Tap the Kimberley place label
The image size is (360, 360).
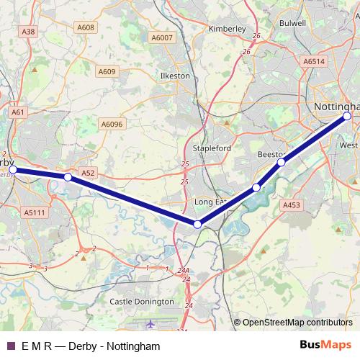[227, 29]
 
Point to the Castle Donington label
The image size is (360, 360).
[142, 302]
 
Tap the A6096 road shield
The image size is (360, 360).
[112, 124]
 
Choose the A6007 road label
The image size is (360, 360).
[162, 37]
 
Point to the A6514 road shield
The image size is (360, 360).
[315, 62]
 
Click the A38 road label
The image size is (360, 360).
[29, 32]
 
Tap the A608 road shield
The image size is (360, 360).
[86, 27]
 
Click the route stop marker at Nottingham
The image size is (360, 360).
[347, 116]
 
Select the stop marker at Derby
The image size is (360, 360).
[12, 170]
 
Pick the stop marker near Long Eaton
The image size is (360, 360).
[198, 225]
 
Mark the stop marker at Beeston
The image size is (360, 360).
[281, 162]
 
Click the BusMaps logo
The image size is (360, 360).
[326, 346]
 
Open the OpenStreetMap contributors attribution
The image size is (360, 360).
[297, 323]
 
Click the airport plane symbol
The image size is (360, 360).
[150, 325]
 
